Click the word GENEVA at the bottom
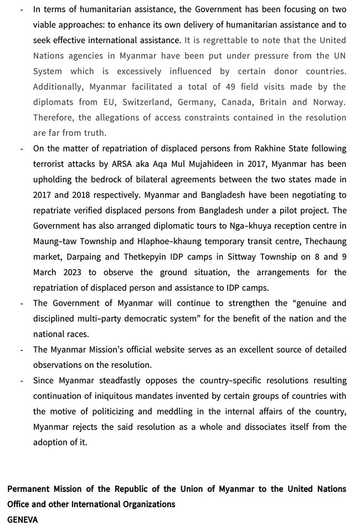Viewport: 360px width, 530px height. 23,519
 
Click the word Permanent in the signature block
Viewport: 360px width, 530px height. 29,488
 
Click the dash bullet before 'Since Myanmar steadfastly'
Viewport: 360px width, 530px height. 22,380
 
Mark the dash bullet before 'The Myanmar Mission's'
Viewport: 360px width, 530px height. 22,349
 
